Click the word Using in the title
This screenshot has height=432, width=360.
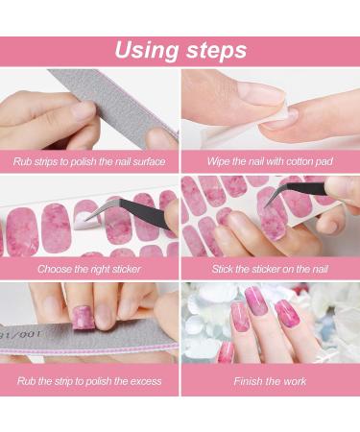pos(147,51)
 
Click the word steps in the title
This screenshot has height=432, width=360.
pos(217,51)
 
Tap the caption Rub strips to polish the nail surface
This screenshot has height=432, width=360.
pos(89,161)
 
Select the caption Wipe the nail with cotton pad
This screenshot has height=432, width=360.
pos(270,161)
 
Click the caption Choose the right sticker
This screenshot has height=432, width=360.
pos(89,269)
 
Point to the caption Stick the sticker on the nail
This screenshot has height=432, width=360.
pos(270,269)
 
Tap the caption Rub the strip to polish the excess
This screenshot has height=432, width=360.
pos(89,381)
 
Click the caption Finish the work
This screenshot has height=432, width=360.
pos(270,381)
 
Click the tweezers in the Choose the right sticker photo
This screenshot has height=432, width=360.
pos(134,212)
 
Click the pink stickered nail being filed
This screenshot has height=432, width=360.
pos(83,317)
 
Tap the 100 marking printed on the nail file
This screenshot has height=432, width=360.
pos(31,335)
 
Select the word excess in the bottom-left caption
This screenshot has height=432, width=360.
pos(146,381)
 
